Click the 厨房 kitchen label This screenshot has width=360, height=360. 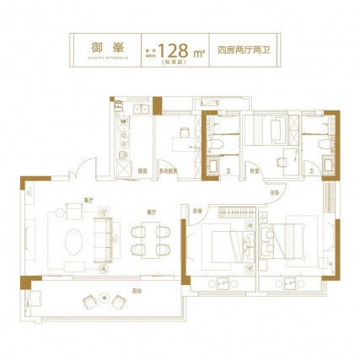pyautogui.click(x=144, y=169)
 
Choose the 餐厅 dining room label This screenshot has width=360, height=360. pyautogui.click(x=149, y=200)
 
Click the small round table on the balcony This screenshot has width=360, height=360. pyautogui.click(x=105, y=298)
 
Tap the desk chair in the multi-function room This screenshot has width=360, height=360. pyautogui.click(x=182, y=132)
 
